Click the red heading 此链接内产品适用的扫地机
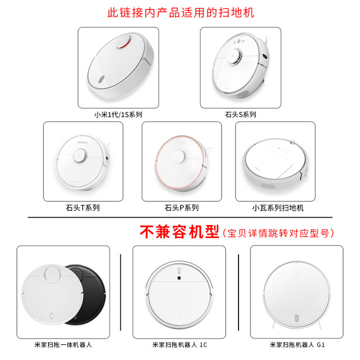(x=180, y=12)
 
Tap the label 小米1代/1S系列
(x=118, y=114)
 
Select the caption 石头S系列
(x=240, y=114)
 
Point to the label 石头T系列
(x=83, y=208)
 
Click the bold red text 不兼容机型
(x=179, y=232)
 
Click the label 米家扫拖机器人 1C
(x=180, y=344)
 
